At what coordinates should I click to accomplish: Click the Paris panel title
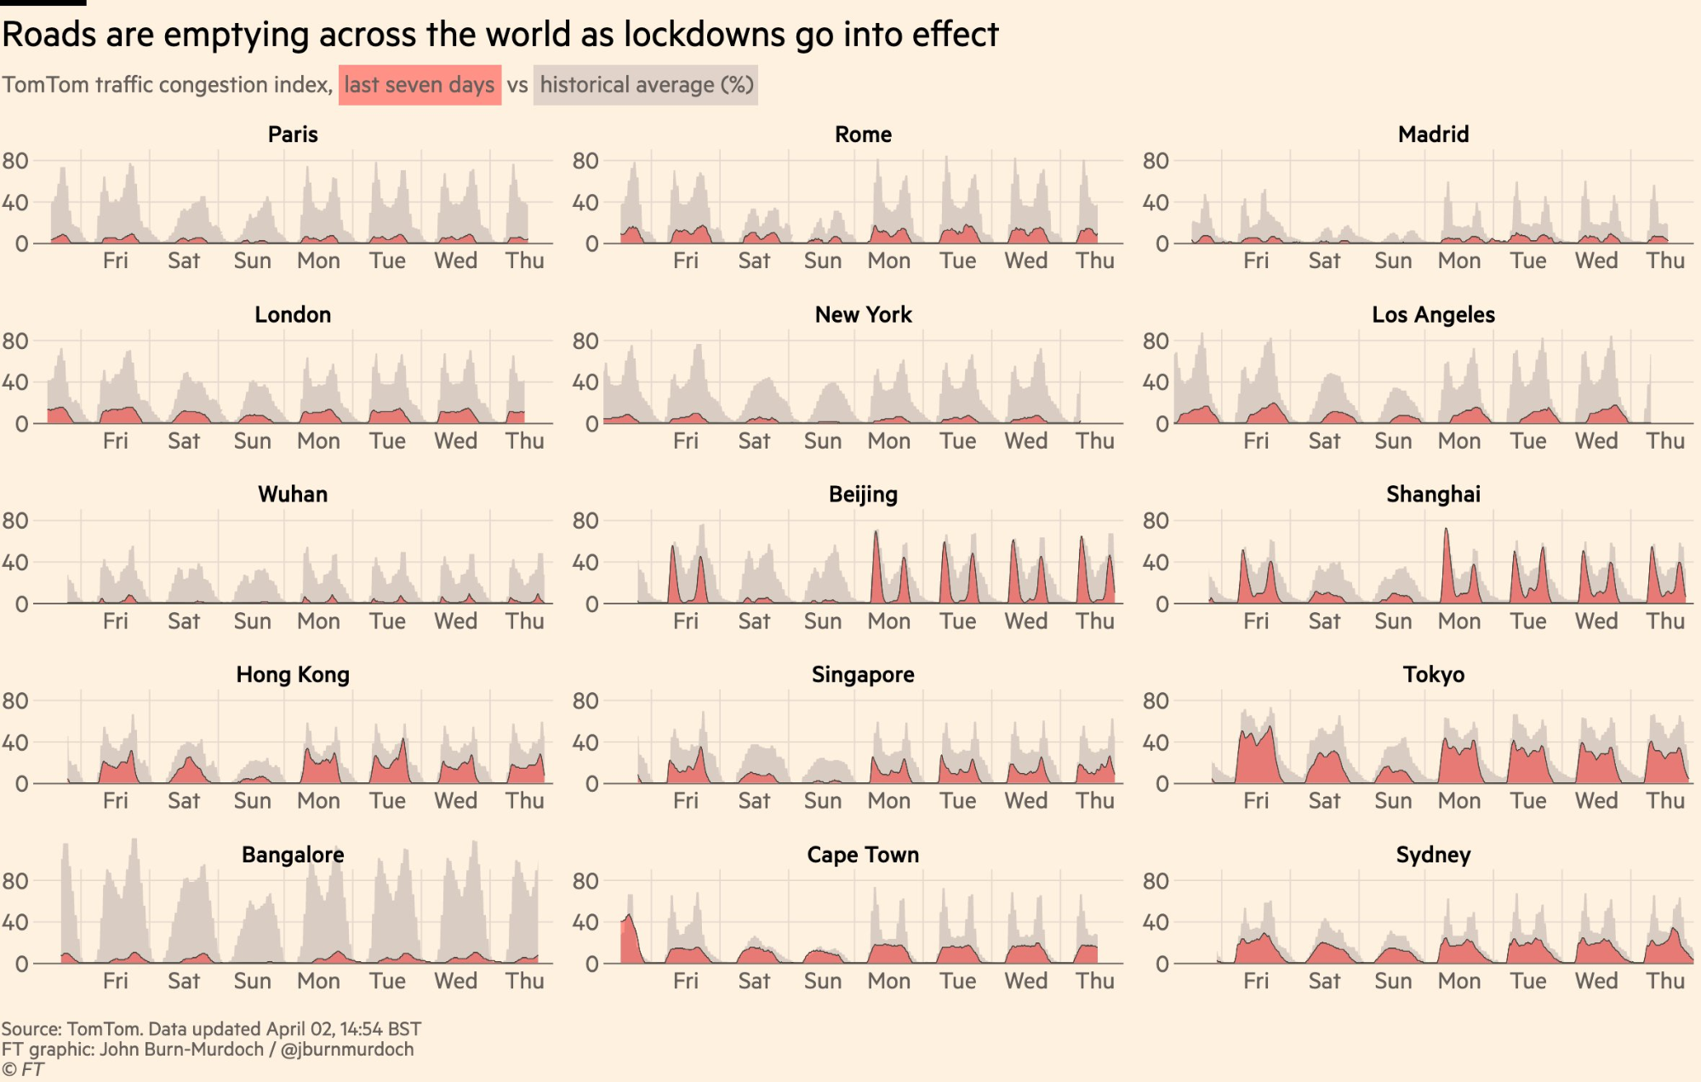293,135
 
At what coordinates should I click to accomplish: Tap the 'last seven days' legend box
420,85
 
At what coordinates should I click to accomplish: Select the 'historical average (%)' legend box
646,85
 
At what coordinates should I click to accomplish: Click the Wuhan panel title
293,495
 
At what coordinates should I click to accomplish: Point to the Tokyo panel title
1433,675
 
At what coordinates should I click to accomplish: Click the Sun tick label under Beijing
822,621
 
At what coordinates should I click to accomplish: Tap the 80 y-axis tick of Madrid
1155,161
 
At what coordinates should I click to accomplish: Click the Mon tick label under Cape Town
888,982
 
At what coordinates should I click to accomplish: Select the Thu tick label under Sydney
1664,982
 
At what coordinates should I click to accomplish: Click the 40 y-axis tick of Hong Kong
15,742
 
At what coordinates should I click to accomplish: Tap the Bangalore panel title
293,855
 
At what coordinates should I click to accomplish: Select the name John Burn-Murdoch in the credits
181,1050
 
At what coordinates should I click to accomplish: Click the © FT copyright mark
22,1070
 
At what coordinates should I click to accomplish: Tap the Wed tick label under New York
1025,441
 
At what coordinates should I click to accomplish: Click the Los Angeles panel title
1433,315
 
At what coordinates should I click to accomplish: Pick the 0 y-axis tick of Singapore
591,784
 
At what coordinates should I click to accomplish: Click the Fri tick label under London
115,441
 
